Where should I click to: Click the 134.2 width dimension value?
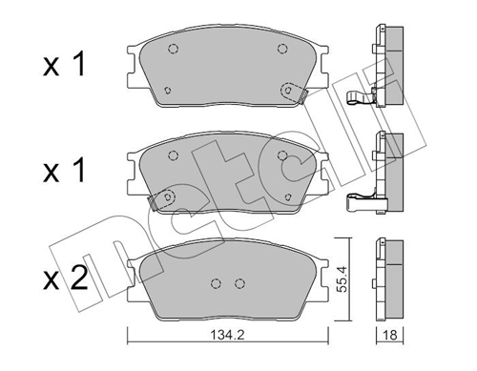[x=227, y=335]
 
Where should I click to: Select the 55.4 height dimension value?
[x=342, y=278]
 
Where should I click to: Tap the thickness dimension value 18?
[x=390, y=335]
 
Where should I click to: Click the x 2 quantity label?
[x=65, y=278]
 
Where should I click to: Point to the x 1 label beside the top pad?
[x=64, y=65]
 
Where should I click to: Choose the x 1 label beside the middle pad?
[x=64, y=171]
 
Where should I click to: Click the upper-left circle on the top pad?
[x=173, y=49]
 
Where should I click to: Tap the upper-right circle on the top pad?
[x=282, y=49]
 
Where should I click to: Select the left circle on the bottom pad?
[x=217, y=283]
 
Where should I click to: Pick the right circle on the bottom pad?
[x=239, y=283]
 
